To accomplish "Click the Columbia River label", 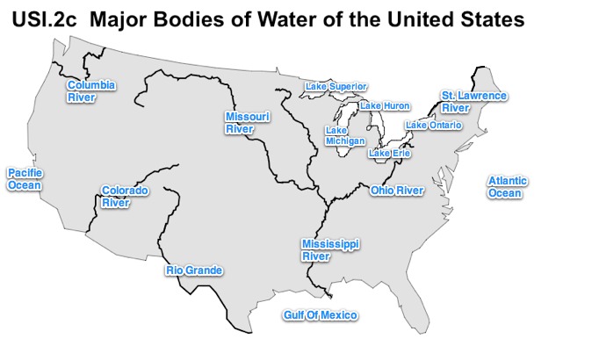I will (x=91, y=91).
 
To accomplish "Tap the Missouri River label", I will (x=247, y=122).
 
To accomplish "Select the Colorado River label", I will (x=125, y=196).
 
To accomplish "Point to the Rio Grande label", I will (x=194, y=270).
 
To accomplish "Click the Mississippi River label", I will (x=331, y=249).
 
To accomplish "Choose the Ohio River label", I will (x=397, y=190).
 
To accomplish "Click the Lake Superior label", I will (x=336, y=86).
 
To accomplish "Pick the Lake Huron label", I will (x=386, y=105).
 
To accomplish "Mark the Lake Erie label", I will (x=390, y=154).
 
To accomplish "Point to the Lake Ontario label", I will (x=433, y=126).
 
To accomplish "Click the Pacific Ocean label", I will (x=25, y=179).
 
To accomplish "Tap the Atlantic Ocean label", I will (x=508, y=186).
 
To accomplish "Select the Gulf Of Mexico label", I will (x=321, y=315).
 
